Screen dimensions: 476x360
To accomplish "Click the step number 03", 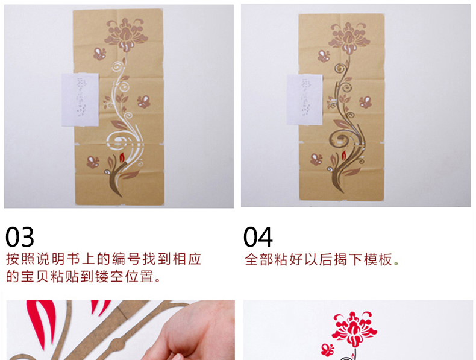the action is pyautogui.click(x=20, y=237).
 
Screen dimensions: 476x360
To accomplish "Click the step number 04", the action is pyautogui.click(x=258, y=237).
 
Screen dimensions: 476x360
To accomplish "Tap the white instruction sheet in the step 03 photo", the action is pyautogui.click(x=80, y=99).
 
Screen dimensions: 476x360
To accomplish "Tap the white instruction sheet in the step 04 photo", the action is pyautogui.click(x=305, y=99).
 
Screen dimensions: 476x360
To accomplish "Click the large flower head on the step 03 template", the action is pyautogui.click(x=126, y=34).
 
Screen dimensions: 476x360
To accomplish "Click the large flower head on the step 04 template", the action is pyautogui.click(x=349, y=37).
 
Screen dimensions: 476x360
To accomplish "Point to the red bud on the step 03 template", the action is pyautogui.click(x=122, y=157).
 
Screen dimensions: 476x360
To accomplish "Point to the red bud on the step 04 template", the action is pyautogui.click(x=344, y=155).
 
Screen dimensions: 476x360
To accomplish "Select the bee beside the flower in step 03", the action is pyautogui.click(x=99, y=54).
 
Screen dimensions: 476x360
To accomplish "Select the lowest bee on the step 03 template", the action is pyautogui.click(x=93, y=162).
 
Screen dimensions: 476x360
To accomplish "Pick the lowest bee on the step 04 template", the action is pyautogui.click(x=316, y=159).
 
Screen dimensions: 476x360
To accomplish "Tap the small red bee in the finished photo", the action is pyautogui.click(x=328, y=350).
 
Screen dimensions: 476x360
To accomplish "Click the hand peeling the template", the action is pyautogui.click(x=191, y=332).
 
